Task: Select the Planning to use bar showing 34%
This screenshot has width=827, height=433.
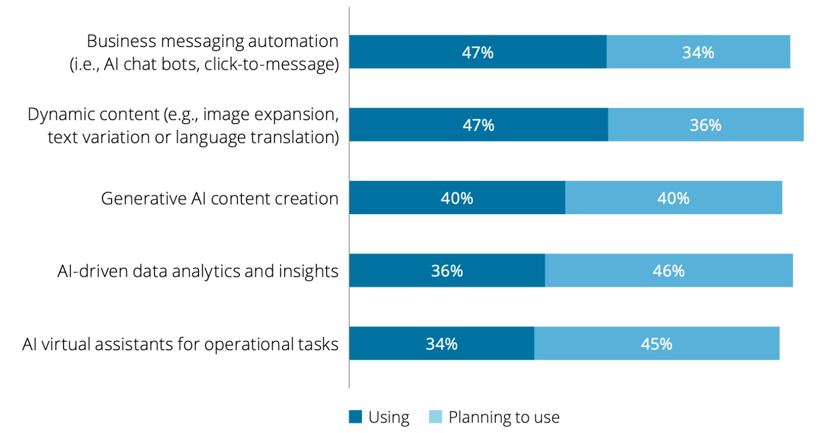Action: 698,52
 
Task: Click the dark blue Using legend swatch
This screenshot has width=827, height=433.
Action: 355,416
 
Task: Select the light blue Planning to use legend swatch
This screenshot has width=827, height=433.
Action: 435,416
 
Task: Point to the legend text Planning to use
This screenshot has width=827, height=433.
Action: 504,417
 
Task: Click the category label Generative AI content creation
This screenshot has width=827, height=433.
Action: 220,199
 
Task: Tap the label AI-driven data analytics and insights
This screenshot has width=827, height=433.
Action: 198,271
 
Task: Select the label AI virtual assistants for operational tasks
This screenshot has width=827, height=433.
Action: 180,344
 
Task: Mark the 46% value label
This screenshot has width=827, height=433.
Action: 668,271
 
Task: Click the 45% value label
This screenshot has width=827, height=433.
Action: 656,344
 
